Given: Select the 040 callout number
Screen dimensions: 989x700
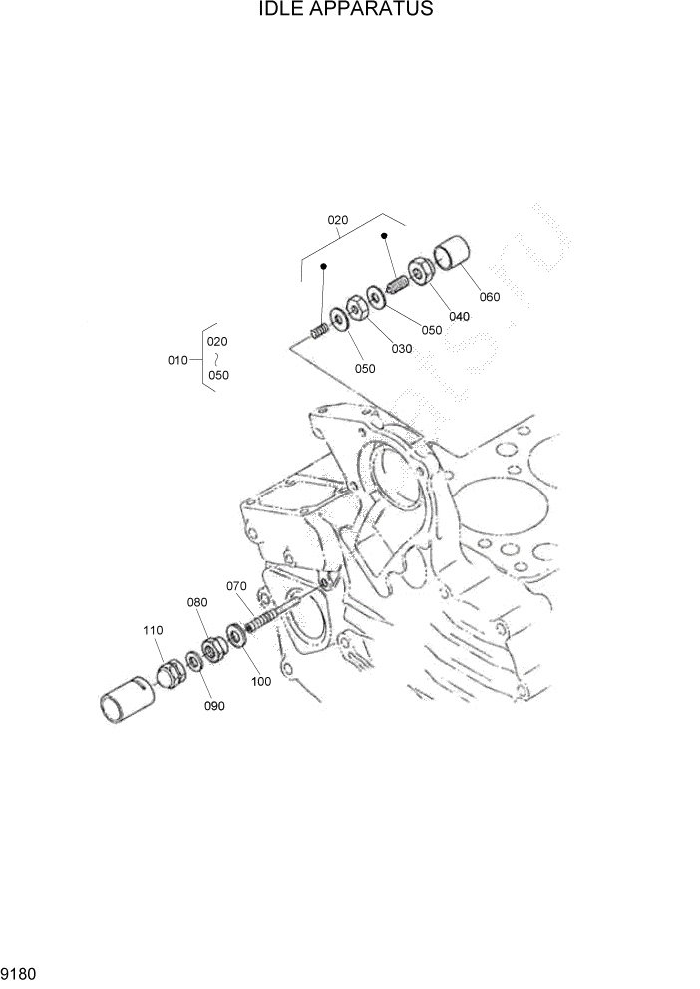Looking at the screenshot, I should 459,317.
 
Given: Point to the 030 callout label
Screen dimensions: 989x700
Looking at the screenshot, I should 401,348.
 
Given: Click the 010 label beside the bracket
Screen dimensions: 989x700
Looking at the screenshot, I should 177,360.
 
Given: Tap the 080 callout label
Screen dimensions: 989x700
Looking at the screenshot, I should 196,602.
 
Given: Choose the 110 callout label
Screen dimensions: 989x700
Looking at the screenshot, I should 152,631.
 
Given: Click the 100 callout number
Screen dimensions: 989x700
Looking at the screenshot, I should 261,682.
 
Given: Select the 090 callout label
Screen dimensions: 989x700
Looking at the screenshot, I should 213,706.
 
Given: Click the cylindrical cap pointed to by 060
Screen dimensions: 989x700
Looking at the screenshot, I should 454,254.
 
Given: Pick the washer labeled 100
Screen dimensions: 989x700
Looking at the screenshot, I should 237,635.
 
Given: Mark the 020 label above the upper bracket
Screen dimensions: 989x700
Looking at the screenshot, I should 338,220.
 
